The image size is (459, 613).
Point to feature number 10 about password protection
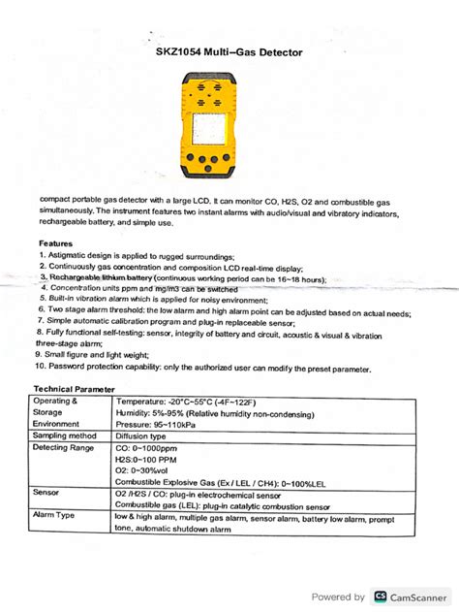[x=203, y=370]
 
